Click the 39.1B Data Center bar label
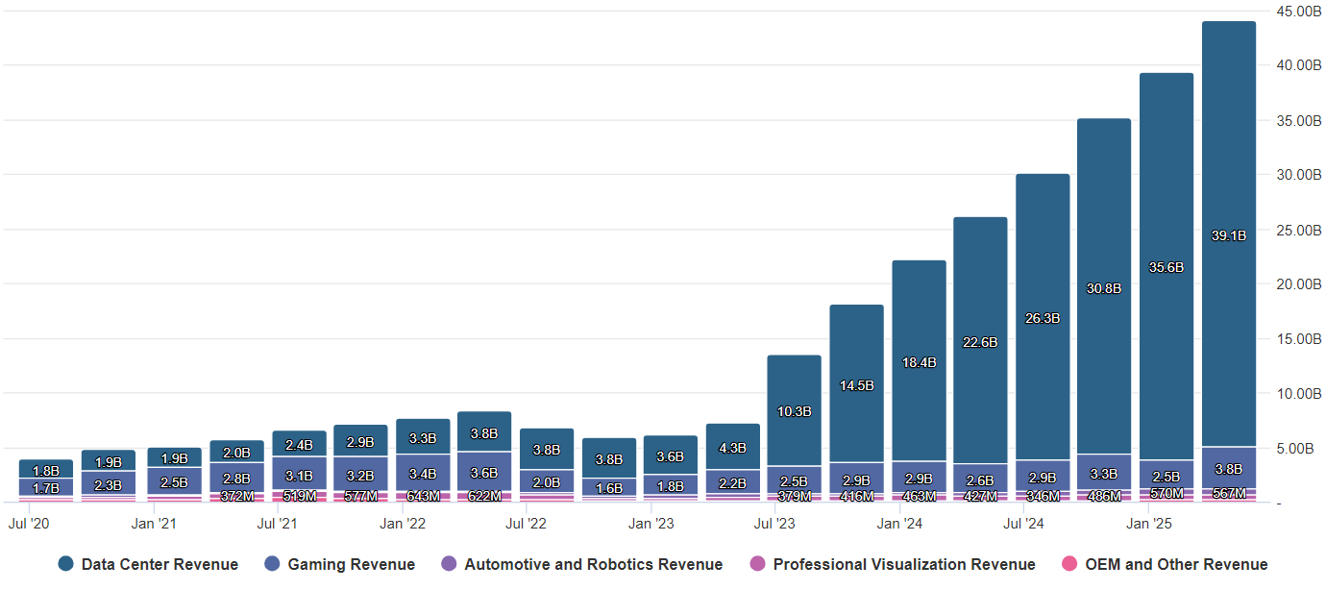click(x=1229, y=235)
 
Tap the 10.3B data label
click(x=794, y=411)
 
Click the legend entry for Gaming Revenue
click(x=351, y=565)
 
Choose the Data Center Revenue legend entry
click(x=160, y=565)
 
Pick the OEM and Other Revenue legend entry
click(x=1176, y=565)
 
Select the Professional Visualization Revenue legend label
click(x=903, y=565)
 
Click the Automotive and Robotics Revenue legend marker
click(x=449, y=565)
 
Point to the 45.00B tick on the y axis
click(x=1298, y=12)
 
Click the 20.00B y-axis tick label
click(x=1298, y=284)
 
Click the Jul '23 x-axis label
click(x=774, y=524)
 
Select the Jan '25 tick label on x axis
click(x=1148, y=524)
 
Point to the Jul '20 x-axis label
click(x=28, y=524)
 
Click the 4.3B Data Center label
click(x=732, y=448)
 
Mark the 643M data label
click(x=422, y=496)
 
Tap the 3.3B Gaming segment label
click(x=1104, y=474)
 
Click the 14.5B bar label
click(x=856, y=385)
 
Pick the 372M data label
click(x=236, y=496)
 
